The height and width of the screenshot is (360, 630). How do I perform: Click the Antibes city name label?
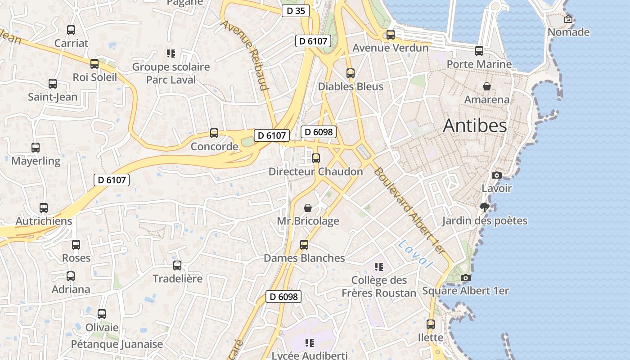tap(475, 126)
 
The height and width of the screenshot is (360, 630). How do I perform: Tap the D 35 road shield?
tap(296, 11)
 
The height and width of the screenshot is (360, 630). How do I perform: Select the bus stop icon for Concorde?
tap(214, 133)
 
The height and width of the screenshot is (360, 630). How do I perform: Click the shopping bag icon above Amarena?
tap(487, 86)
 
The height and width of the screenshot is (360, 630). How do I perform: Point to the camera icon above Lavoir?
tap(497, 175)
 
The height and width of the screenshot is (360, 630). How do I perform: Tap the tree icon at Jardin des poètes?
tap(484, 207)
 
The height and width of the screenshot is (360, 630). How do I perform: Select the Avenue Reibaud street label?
tap(245, 54)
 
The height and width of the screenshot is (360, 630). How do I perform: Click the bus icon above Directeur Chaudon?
tap(316, 158)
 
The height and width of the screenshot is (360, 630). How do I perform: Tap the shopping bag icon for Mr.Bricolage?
tap(308, 207)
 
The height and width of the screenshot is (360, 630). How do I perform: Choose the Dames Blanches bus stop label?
tap(304, 258)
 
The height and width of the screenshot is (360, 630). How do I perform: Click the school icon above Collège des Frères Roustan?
tap(379, 267)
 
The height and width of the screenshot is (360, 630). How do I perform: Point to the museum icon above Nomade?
tap(568, 19)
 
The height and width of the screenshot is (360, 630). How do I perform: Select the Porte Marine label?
tap(479, 64)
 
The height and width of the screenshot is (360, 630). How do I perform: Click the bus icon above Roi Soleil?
tap(94, 64)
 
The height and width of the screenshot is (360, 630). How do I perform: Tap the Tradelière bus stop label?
tap(177, 279)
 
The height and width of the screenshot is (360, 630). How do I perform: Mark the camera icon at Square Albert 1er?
tap(466, 278)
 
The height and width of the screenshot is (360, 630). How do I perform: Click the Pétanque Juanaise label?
tap(117, 344)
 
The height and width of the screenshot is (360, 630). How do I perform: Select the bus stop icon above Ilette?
tap(431, 324)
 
